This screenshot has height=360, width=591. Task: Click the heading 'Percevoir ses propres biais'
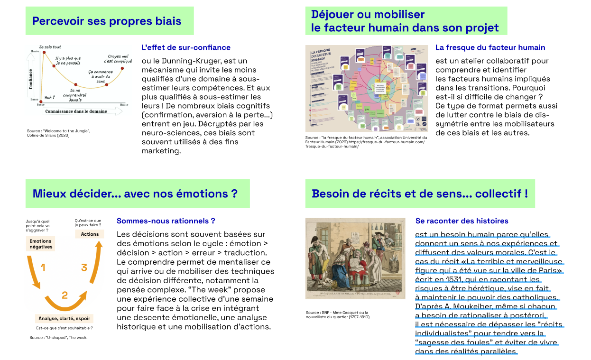(107, 21)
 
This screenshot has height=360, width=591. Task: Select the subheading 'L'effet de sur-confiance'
(186, 47)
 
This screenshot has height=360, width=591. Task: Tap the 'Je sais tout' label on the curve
(50, 47)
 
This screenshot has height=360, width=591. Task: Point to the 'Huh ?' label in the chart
(50, 97)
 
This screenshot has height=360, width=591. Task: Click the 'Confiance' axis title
(31, 79)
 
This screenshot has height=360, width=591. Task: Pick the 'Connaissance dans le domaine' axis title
(76, 111)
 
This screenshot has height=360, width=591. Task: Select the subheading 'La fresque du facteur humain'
(490, 47)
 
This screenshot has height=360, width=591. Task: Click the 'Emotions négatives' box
(40, 244)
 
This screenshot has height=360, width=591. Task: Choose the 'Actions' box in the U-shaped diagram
(90, 234)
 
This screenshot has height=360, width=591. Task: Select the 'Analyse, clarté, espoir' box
(65, 318)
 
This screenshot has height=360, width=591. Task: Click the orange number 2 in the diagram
(65, 295)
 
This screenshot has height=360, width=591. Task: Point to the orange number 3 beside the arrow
(84, 268)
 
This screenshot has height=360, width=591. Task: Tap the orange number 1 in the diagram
(43, 268)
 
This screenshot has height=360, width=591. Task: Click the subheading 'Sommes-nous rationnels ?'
(166, 221)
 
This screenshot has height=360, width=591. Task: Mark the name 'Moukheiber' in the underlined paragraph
(481, 306)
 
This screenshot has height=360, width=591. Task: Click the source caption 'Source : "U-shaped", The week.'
(58, 338)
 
